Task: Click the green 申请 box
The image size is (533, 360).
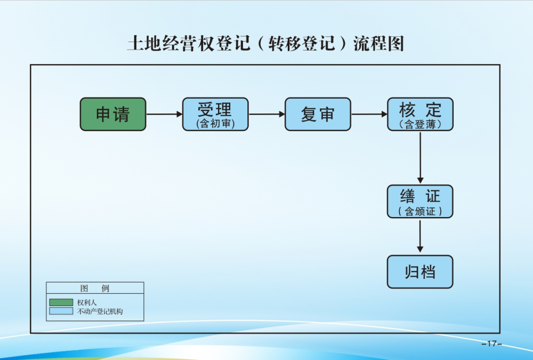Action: click(x=113, y=114)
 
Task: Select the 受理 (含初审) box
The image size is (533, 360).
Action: click(x=215, y=114)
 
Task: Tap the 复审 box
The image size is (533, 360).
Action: click(x=318, y=114)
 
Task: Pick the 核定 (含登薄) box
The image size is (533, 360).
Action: click(x=420, y=114)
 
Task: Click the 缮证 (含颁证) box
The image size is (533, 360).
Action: click(x=420, y=202)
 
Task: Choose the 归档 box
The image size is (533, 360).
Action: click(x=420, y=272)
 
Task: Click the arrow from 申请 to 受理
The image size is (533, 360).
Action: click(x=164, y=114)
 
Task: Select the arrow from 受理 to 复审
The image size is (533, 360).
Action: click(x=266, y=114)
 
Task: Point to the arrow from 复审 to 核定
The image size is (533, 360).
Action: click(x=369, y=114)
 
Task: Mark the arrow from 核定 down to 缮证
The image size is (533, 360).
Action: click(x=420, y=157)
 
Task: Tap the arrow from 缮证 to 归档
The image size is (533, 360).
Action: click(x=420, y=236)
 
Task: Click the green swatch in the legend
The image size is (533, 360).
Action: click(x=61, y=302)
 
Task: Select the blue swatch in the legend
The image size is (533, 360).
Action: click(x=61, y=311)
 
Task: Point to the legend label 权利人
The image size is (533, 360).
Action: click(x=87, y=302)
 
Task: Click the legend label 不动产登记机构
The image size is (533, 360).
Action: click(x=100, y=311)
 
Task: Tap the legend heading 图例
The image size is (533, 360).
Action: click(x=95, y=289)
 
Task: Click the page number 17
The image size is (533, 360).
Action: click(x=491, y=343)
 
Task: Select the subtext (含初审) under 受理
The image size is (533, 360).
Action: click(x=215, y=124)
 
